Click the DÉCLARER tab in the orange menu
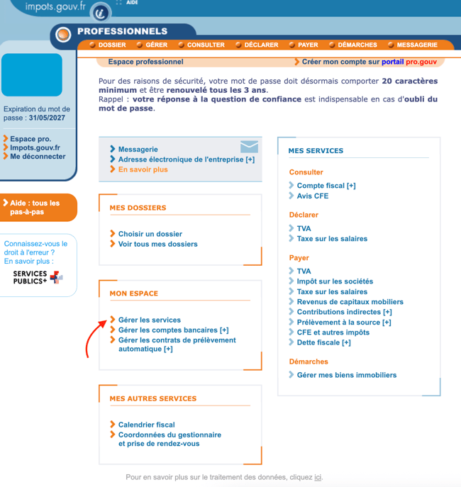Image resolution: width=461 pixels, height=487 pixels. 261,45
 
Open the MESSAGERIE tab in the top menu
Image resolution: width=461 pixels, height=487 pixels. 416,45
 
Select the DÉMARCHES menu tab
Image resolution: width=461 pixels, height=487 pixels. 357,45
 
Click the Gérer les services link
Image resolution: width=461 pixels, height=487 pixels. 149,320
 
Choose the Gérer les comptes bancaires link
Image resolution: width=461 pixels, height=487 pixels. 173,330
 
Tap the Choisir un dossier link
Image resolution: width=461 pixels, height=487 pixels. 150,234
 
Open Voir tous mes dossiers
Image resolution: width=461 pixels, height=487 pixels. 157,244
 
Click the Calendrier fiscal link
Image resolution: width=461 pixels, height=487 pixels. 146,425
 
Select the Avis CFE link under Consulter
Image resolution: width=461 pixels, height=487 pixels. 312,196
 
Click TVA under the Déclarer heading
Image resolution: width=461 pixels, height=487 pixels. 304,228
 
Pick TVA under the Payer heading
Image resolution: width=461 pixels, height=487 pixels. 304,271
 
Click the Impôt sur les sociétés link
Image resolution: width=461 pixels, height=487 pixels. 334,281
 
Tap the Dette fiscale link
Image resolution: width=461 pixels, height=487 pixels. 323,342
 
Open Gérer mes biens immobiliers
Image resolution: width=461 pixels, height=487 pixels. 346,375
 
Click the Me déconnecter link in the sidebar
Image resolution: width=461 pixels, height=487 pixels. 38,157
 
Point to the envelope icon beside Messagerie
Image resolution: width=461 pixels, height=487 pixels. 249,147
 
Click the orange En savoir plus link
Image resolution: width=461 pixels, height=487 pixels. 143,169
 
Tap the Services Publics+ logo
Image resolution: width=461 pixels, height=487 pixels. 38,277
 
